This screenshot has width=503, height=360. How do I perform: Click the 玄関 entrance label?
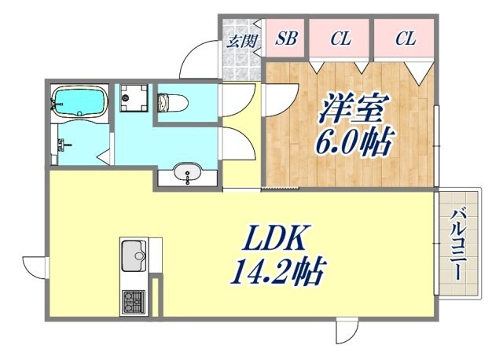[x=242, y=41]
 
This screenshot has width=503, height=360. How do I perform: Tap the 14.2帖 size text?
[x=277, y=273]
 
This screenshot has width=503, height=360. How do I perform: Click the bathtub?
[x=79, y=101]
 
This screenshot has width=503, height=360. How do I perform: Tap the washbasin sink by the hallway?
[x=188, y=173]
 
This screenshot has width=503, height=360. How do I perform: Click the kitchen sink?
[x=133, y=256]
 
